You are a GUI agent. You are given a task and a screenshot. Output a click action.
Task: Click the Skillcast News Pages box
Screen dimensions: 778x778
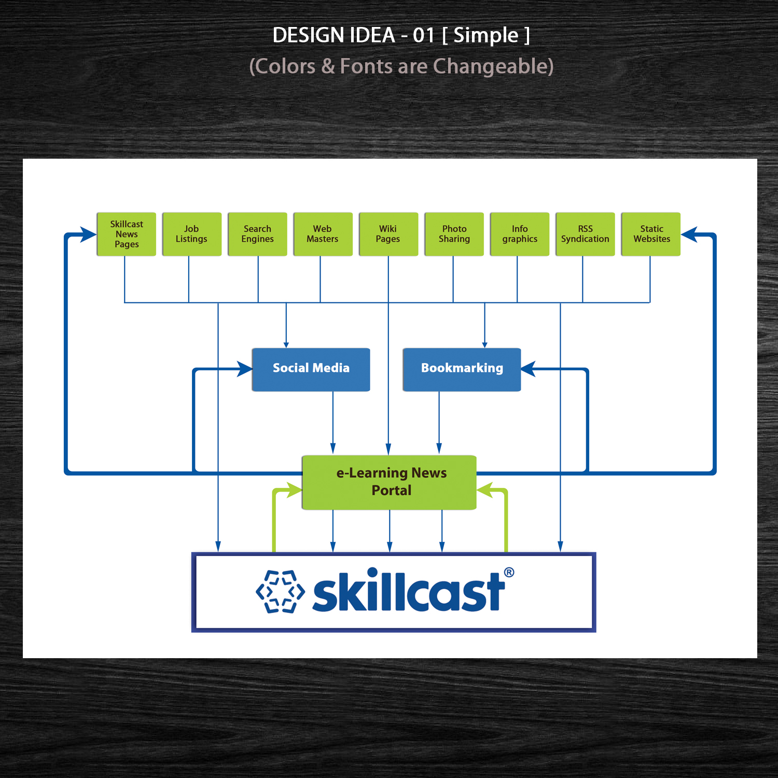127,234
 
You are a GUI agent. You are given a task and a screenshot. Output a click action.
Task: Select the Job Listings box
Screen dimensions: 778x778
192,234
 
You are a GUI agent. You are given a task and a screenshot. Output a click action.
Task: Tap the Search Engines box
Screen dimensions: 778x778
257,234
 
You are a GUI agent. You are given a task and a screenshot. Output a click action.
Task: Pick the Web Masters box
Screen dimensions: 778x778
323,234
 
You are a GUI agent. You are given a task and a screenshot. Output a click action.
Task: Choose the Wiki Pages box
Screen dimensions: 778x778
388,234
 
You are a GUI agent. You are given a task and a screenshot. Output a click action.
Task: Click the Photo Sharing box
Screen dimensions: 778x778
454,234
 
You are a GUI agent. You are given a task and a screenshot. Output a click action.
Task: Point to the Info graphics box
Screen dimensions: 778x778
520,234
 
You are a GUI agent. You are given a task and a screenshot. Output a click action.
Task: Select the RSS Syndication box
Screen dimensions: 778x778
585,234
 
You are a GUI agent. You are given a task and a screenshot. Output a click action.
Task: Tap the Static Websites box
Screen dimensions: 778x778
651,234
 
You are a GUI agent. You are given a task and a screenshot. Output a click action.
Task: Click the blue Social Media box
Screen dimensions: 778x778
311,369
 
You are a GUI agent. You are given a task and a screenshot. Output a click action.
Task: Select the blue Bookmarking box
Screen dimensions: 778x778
462,369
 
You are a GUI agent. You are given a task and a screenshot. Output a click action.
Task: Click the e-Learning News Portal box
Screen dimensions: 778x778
389,482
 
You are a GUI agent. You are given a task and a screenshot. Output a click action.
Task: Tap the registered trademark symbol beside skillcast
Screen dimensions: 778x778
509,572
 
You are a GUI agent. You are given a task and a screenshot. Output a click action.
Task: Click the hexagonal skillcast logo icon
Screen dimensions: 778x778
281,592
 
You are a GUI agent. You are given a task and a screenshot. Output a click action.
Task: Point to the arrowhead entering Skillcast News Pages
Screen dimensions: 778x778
88,234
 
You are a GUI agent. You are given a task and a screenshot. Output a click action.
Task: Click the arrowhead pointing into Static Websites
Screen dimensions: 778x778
689,234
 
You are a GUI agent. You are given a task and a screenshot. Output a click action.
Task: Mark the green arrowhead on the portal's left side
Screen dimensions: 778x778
294,490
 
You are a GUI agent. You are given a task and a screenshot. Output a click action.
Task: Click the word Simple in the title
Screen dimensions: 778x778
486,35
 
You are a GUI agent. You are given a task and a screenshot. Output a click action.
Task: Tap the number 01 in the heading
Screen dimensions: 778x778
424,35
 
